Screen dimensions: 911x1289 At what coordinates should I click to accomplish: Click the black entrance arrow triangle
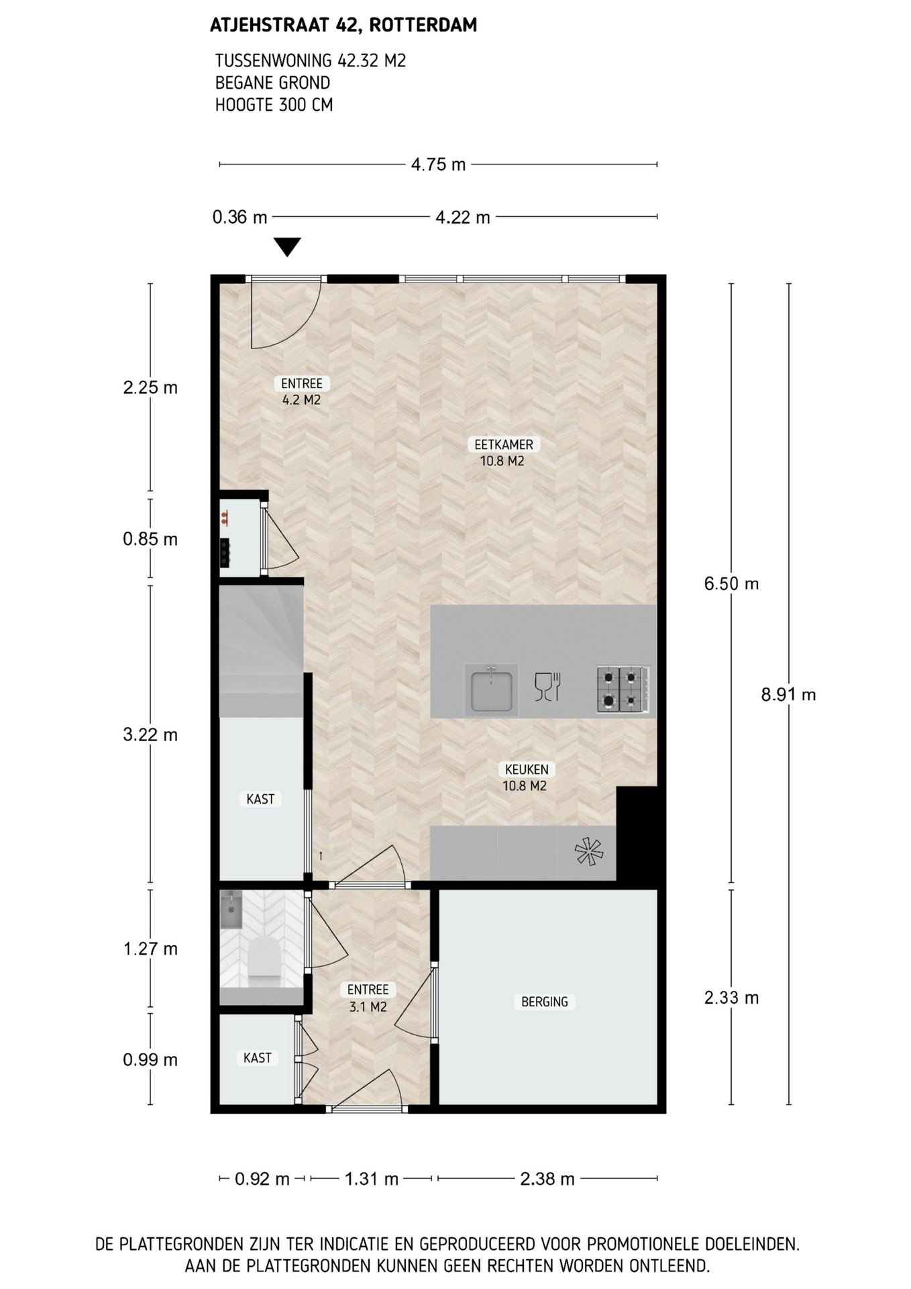[x=287, y=246]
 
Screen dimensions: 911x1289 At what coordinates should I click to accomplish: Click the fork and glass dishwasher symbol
[x=547, y=687]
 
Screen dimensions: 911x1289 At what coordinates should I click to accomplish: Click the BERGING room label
[x=545, y=1002]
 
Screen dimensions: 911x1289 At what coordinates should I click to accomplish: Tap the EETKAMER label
[x=503, y=444]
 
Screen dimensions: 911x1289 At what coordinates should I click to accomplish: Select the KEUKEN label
[x=527, y=769]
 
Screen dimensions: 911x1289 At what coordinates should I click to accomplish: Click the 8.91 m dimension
[x=788, y=694]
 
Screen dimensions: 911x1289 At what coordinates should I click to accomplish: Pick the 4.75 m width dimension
[x=438, y=164]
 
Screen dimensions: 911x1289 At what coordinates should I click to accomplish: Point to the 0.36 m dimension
[x=239, y=217]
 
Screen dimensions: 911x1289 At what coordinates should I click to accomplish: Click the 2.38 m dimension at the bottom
[x=547, y=1179]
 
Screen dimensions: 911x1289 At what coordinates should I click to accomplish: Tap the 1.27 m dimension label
[x=150, y=949]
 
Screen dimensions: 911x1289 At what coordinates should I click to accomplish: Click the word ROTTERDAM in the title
[x=423, y=26]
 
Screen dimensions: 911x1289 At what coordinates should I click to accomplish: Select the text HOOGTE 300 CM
[x=274, y=105]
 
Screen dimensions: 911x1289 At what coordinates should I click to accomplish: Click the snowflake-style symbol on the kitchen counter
[x=589, y=852]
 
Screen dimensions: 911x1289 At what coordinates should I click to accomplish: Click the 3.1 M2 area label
[x=368, y=1007]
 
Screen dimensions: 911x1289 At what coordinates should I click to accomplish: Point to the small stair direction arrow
[x=321, y=855]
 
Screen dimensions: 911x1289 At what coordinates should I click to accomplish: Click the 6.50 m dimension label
[x=731, y=583]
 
